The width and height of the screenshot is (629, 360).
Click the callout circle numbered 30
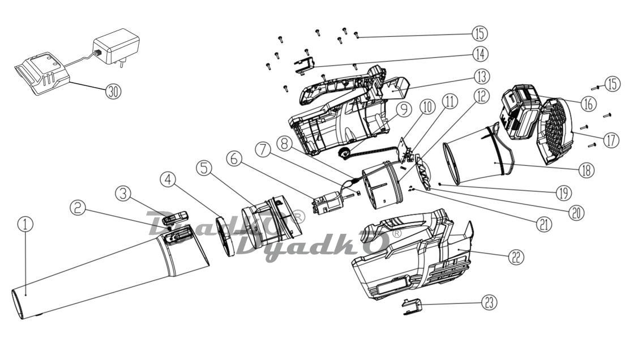click(x=114, y=92)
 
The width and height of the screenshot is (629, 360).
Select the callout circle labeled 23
click(x=488, y=303)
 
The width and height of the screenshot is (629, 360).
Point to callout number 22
click(x=516, y=257)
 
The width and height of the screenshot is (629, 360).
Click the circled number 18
click(x=586, y=170)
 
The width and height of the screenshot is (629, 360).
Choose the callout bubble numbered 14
click(x=480, y=54)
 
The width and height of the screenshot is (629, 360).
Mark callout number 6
click(x=234, y=158)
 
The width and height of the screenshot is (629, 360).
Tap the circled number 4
click(x=168, y=180)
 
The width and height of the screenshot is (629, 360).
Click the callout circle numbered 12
click(x=481, y=96)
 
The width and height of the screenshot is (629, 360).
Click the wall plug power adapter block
click(x=117, y=46)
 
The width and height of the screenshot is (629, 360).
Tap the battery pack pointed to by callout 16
click(x=520, y=112)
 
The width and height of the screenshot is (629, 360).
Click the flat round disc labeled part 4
click(x=226, y=237)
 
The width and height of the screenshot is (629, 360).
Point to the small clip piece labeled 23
click(x=413, y=306)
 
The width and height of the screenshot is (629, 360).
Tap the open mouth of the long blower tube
click(x=18, y=304)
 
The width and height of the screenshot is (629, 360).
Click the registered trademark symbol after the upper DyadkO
click(x=299, y=216)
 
